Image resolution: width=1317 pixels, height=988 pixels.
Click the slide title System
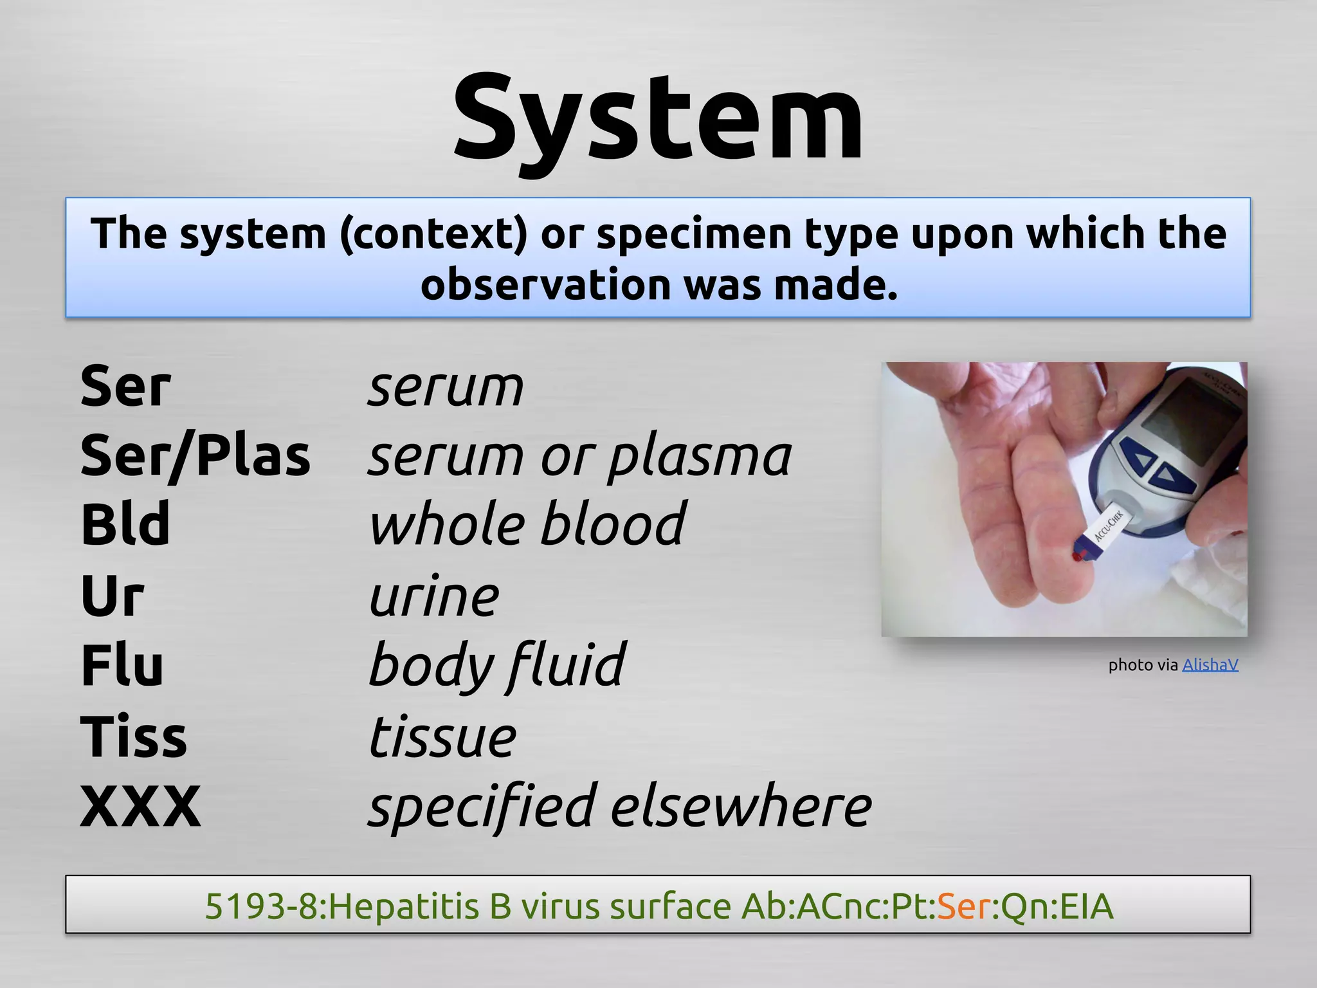658,119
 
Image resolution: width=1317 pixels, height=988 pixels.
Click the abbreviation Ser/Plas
195,455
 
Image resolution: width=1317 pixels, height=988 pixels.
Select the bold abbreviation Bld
125,524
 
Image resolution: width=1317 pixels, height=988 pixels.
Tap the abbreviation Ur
112,596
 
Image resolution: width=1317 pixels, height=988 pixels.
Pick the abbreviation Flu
122,665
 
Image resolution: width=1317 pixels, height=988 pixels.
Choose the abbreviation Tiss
133,736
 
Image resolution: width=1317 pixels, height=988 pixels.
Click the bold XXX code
140,807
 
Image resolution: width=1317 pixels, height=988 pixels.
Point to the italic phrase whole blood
527,524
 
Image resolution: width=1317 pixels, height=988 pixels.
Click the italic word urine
434,596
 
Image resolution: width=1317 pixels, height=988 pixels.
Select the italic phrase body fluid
496,666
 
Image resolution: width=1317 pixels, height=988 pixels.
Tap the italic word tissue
442,736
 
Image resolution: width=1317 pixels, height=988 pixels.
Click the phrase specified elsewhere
619,807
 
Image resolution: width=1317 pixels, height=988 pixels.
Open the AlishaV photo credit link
1210,664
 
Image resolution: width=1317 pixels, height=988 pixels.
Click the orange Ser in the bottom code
963,906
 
